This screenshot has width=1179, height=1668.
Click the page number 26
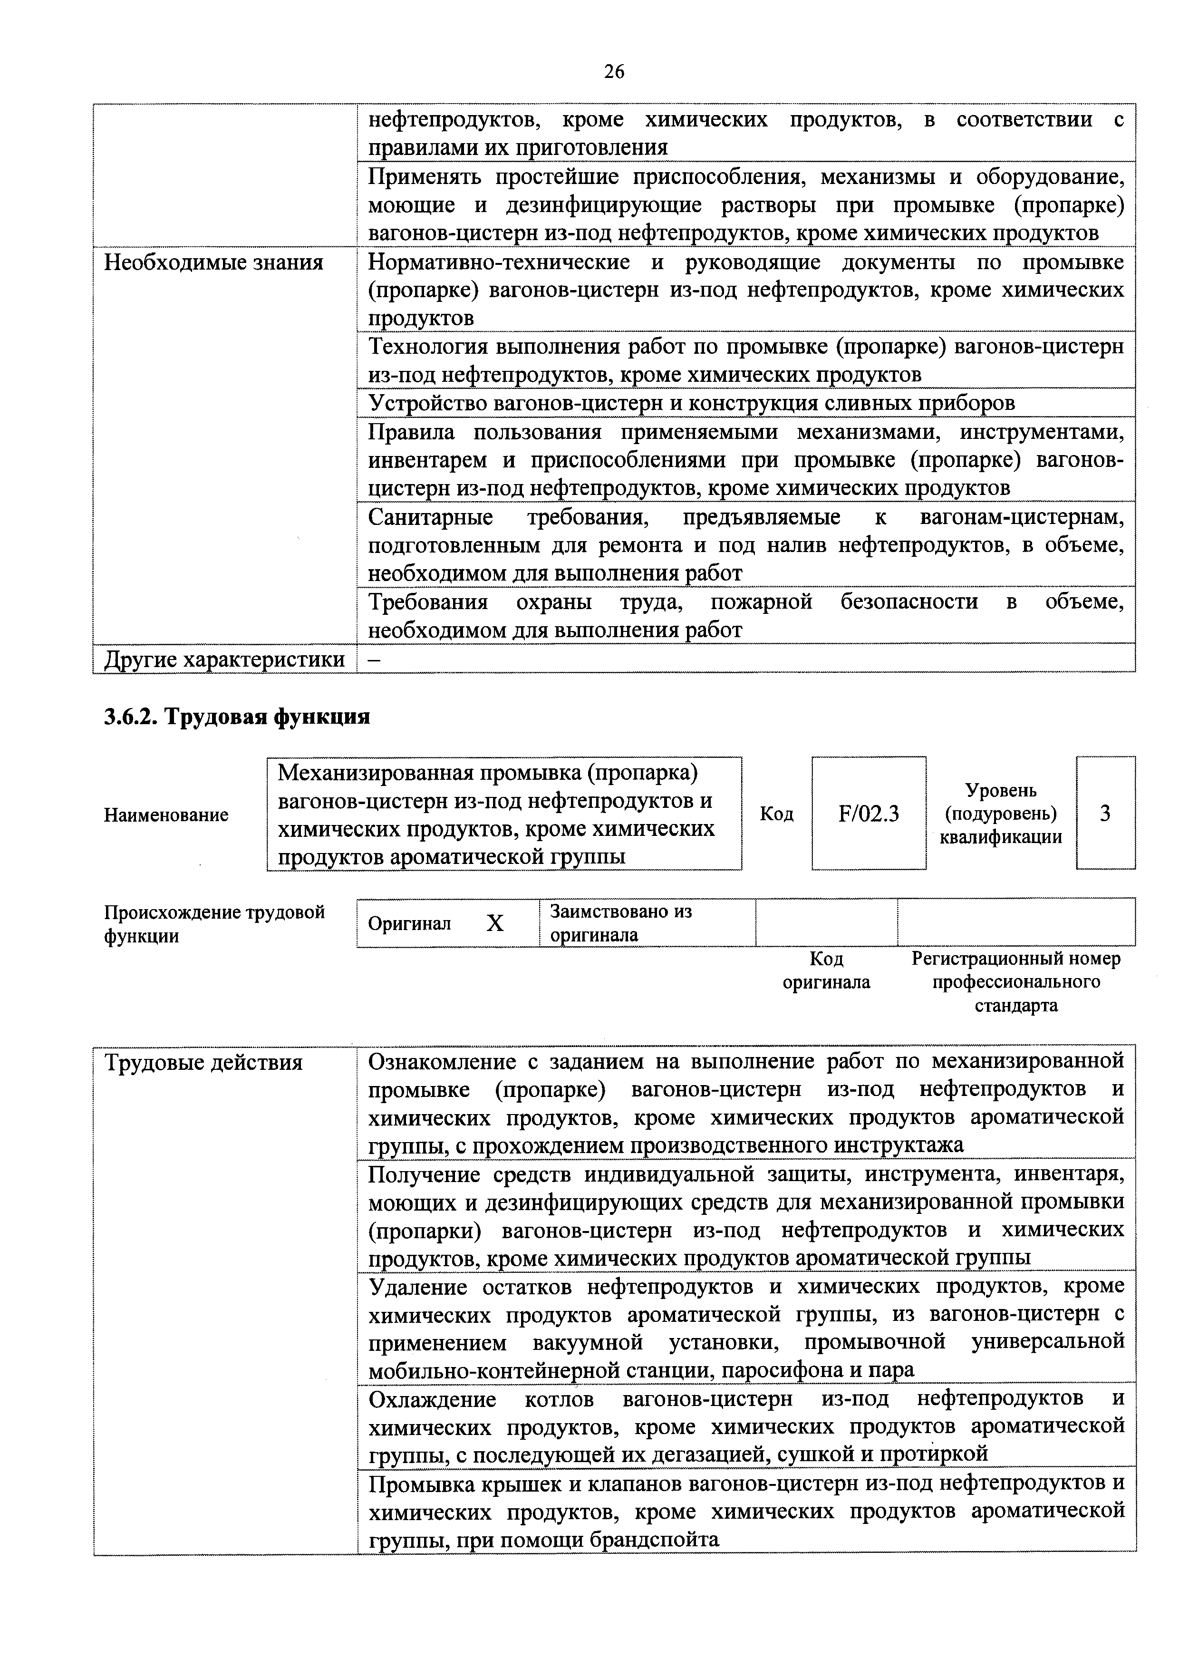coord(613,72)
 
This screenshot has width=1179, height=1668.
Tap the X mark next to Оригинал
coord(495,923)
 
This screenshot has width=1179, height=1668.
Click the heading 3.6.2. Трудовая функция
coord(237,717)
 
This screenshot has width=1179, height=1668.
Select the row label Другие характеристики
coord(224,659)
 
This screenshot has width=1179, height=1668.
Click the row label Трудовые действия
coord(203,1063)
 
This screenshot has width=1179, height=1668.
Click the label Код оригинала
coord(826,970)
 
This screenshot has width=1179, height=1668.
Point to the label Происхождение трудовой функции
coord(214,924)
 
